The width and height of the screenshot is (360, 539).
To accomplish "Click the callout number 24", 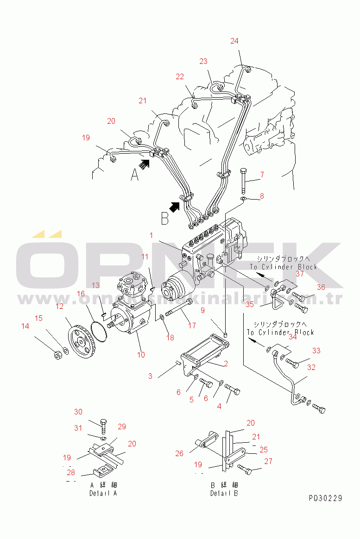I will coord(234,41).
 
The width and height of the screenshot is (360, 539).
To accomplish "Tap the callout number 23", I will coord(204,61).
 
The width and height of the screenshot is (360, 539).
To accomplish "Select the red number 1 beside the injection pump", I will coord(151,235).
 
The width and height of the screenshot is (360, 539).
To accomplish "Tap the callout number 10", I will coord(141,355).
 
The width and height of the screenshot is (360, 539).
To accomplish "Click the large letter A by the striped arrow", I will coord(134,175).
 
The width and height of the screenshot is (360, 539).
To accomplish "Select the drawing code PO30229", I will coord(326,498).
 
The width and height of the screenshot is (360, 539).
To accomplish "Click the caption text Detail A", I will coord(103,493).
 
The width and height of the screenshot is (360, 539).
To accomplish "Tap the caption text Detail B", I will coord(224,493).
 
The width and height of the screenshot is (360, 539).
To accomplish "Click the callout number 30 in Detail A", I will coord(78,412).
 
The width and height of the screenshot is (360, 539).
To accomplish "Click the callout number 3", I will coord(150,376).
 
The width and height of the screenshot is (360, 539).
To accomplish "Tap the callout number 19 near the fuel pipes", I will coord(86,138).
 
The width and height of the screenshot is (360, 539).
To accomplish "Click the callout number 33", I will coord(316,351).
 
